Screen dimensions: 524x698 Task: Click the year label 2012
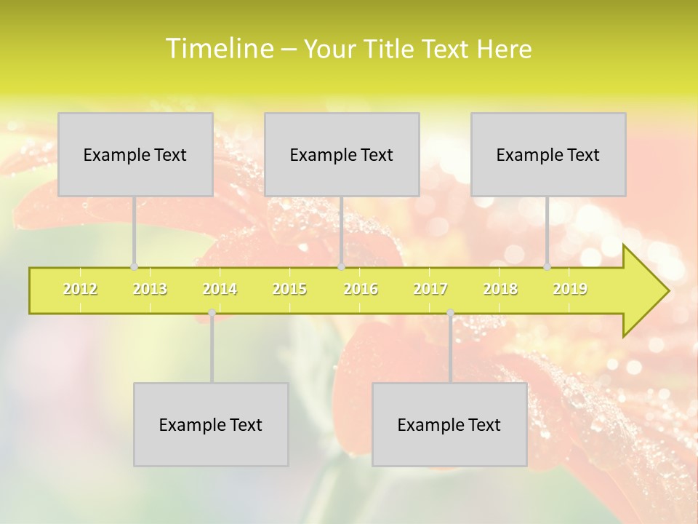coord(80,289)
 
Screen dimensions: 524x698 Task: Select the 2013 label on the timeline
coord(150,289)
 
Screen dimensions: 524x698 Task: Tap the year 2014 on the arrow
coord(220,289)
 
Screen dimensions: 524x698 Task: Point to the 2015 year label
coord(289,289)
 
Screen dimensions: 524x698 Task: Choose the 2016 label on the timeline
coord(361,289)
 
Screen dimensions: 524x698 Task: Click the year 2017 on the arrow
coord(430,289)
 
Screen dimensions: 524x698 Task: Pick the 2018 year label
coord(500,289)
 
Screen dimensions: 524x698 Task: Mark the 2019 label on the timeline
coord(570,289)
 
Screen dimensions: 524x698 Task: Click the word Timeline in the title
coord(218,49)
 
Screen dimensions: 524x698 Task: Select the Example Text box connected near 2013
coord(135,154)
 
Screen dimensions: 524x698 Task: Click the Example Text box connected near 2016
coord(342,154)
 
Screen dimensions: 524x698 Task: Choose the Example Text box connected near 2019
coord(548,154)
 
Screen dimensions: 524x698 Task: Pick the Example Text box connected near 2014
coord(211,424)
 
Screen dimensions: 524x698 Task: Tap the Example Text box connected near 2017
coord(449,424)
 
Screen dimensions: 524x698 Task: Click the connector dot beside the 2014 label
coord(212,312)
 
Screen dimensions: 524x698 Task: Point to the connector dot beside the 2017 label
coord(450,312)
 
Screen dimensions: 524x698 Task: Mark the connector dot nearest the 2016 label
coord(341,266)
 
